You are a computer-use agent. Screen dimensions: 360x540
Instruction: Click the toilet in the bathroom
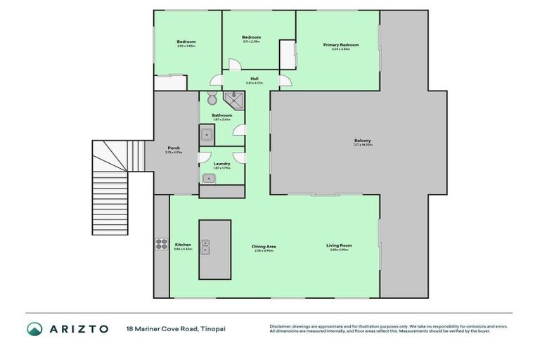213,101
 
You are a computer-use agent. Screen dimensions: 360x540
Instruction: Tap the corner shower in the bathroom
233,99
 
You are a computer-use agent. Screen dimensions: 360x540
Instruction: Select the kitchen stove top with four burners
160,245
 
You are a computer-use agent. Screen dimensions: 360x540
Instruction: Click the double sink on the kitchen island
205,247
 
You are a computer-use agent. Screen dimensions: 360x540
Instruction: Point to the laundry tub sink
209,179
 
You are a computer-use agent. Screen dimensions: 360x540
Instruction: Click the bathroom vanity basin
207,133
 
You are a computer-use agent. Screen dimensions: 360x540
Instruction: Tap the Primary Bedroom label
341,45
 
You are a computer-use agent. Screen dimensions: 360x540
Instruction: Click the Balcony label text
363,141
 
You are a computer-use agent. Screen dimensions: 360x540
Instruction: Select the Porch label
174,148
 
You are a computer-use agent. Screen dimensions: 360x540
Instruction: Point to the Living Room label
339,245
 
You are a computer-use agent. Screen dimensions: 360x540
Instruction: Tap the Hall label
255,78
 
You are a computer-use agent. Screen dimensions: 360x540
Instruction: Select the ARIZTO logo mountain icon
35,328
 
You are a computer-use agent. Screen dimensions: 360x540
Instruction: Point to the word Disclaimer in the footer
282,326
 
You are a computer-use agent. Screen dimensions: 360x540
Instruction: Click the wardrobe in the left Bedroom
170,82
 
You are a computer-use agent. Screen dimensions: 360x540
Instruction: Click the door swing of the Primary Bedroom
285,82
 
